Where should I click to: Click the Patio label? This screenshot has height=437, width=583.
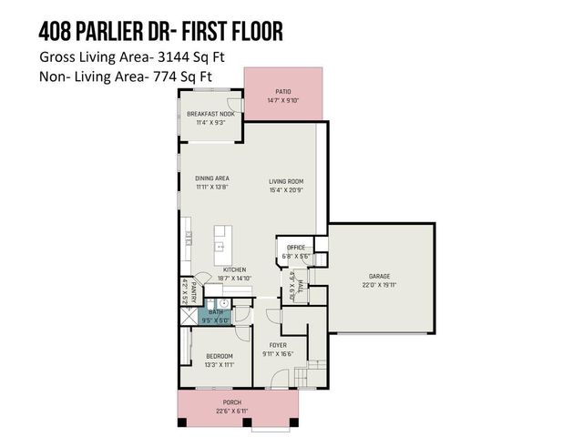click(282, 91)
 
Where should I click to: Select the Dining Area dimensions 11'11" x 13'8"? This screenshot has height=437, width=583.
click(211, 186)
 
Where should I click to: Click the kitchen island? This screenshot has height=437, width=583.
click(220, 242)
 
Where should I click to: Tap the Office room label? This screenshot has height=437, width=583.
click(295, 248)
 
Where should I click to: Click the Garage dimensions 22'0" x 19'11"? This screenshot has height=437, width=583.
click(380, 284)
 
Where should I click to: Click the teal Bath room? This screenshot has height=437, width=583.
click(215, 315)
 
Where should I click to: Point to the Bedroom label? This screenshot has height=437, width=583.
click(219, 356)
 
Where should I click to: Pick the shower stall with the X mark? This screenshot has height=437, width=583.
click(189, 316)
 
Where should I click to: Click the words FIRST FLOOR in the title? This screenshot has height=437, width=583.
click(236, 30)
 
